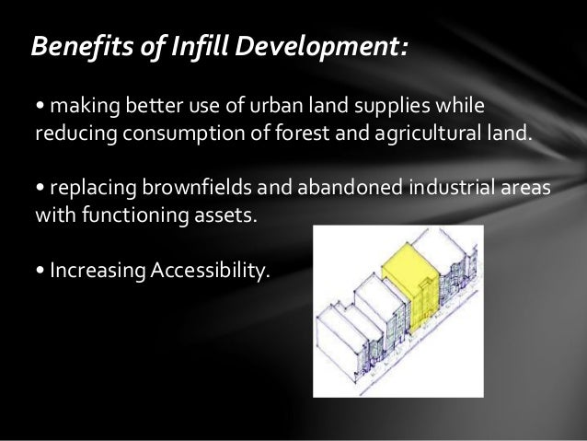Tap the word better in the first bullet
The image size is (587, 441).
[143, 100]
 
